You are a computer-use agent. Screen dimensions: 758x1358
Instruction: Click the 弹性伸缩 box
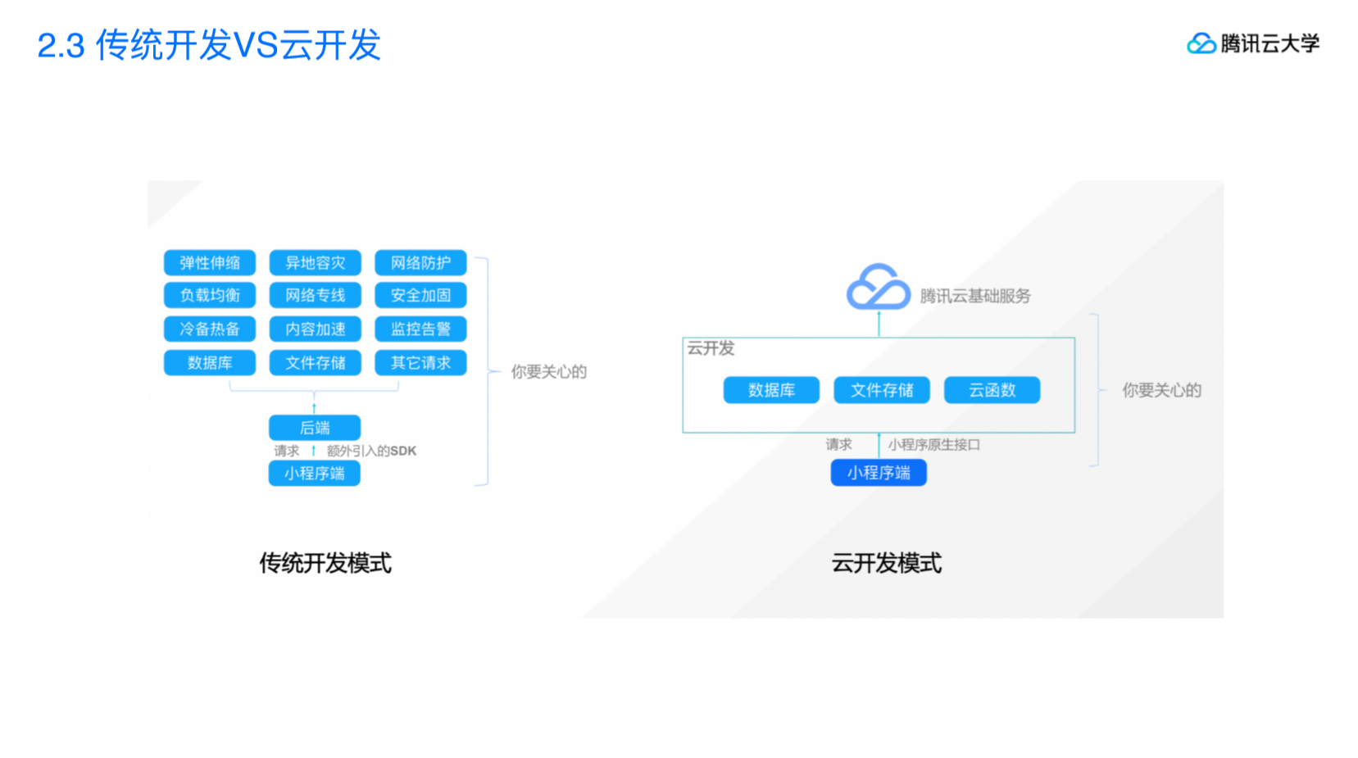pos(210,263)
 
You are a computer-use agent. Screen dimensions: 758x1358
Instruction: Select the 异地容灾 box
pos(315,263)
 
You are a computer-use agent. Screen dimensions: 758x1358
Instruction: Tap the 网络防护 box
pos(420,263)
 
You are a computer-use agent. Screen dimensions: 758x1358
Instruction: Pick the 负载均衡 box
pos(210,295)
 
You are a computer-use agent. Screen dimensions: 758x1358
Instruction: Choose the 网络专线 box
pos(315,295)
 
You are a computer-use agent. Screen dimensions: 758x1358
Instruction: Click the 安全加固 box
pos(420,295)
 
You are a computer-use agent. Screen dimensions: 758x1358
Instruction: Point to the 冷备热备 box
pos(210,329)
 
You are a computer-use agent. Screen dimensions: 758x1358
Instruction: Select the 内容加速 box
pos(315,329)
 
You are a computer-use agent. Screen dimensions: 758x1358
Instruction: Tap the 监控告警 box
pos(420,329)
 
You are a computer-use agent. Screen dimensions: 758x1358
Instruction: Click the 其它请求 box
pos(420,363)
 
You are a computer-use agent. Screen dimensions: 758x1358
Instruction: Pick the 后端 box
pos(315,428)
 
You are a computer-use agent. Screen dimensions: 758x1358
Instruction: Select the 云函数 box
pos(992,390)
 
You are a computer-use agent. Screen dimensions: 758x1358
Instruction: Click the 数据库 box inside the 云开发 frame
pos(771,390)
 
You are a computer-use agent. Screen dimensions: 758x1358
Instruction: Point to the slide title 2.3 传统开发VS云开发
pos(209,45)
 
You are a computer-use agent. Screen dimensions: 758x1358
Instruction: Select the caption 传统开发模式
pos(325,563)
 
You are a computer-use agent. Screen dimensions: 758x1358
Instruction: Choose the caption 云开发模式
pos(886,563)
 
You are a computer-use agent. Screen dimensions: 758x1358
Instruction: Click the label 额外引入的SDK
pos(371,451)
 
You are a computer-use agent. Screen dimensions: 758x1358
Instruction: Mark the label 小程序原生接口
pos(933,445)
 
